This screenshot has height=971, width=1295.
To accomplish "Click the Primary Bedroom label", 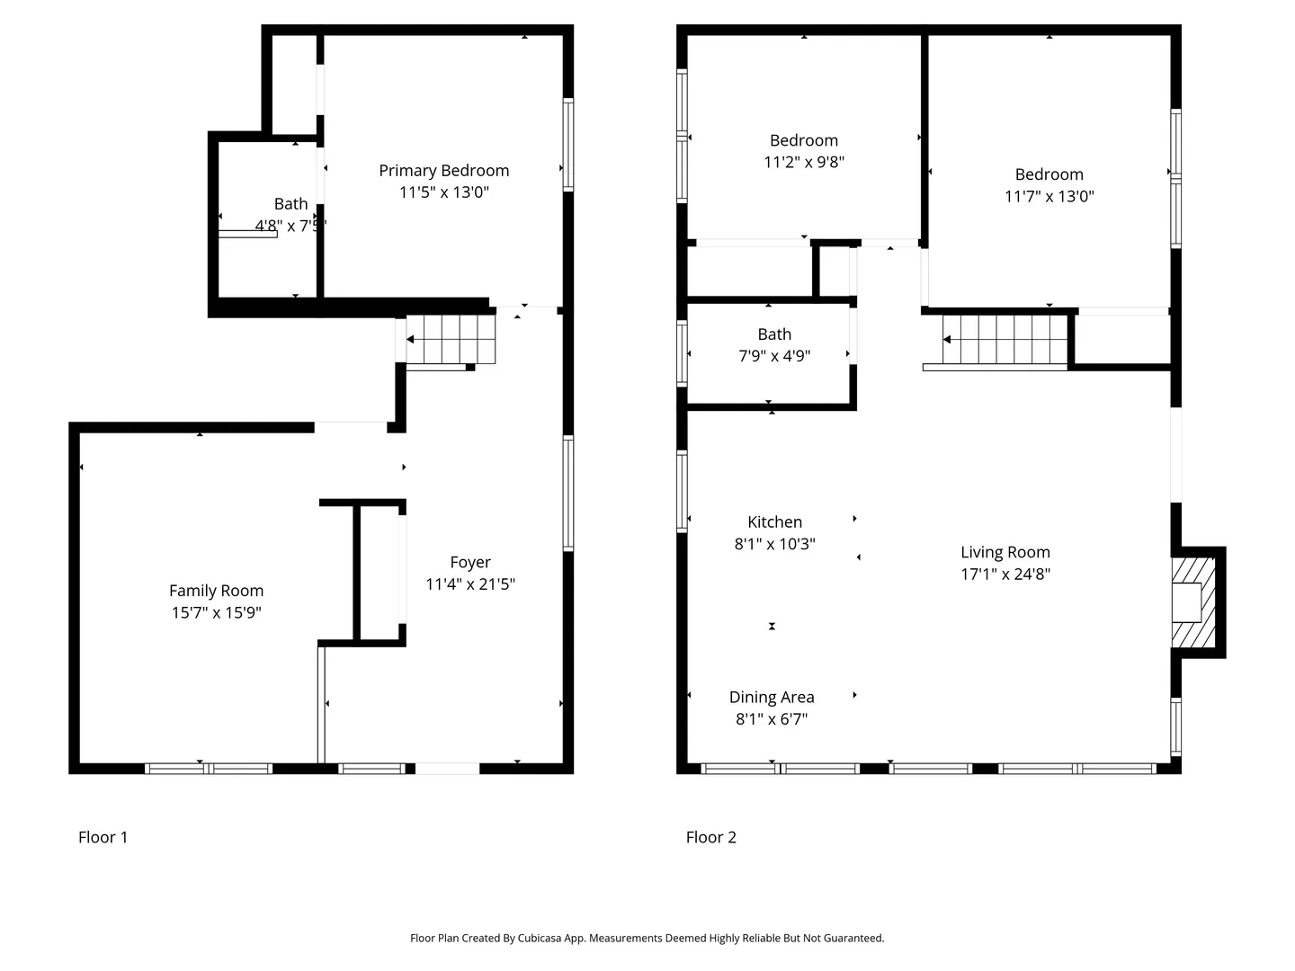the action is click(x=443, y=171).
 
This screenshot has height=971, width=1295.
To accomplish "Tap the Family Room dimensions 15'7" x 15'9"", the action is click(x=217, y=612).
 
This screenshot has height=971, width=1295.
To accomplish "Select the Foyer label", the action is click(x=470, y=563).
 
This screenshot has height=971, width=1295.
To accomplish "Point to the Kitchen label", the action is click(x=774, y=521).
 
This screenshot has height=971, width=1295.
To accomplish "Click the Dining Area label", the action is click(x=772, y=697).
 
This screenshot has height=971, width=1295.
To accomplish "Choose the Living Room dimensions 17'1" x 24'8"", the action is click(x=1005, y=574).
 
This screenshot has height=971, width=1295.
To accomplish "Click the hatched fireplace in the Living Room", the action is click(x=1193, y=602).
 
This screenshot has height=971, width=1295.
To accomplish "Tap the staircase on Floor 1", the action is click(x=451, y=339).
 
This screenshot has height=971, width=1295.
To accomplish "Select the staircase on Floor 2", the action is click(x=1005, y=339).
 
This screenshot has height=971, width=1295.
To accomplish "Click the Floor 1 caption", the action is click(x=103, y=837).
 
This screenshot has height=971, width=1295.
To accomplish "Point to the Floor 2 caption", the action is click(x=711, y=837).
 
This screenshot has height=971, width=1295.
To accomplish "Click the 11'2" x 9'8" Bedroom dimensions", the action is click(x=804, y=162).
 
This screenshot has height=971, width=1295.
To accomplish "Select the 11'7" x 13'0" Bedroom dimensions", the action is click(x=1049, y=196).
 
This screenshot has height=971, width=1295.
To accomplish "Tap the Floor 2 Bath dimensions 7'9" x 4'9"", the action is click(x=774, y=356).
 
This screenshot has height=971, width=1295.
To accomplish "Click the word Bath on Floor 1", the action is click(x=290, y=204).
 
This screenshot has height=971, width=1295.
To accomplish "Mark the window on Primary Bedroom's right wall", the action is click(x=568, y=145).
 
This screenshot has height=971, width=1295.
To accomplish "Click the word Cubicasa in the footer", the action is click(x=540, y=938).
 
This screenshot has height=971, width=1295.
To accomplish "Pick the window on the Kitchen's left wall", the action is click(x=682, y=492).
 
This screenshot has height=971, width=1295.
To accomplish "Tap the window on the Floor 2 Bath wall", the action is click(x=682, y=353).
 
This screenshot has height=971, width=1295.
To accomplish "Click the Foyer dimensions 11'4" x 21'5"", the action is click(x=470, y=584).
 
